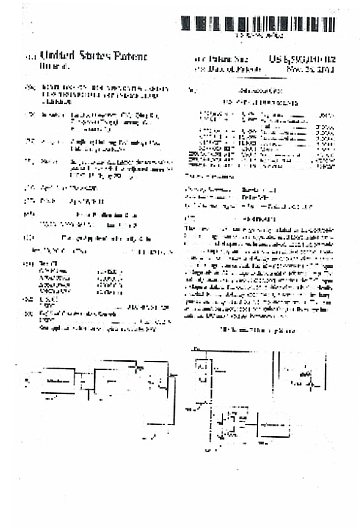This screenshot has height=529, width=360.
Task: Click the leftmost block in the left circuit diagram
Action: tap(56, 382)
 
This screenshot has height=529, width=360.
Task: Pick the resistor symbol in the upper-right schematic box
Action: tap(305, 375)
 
